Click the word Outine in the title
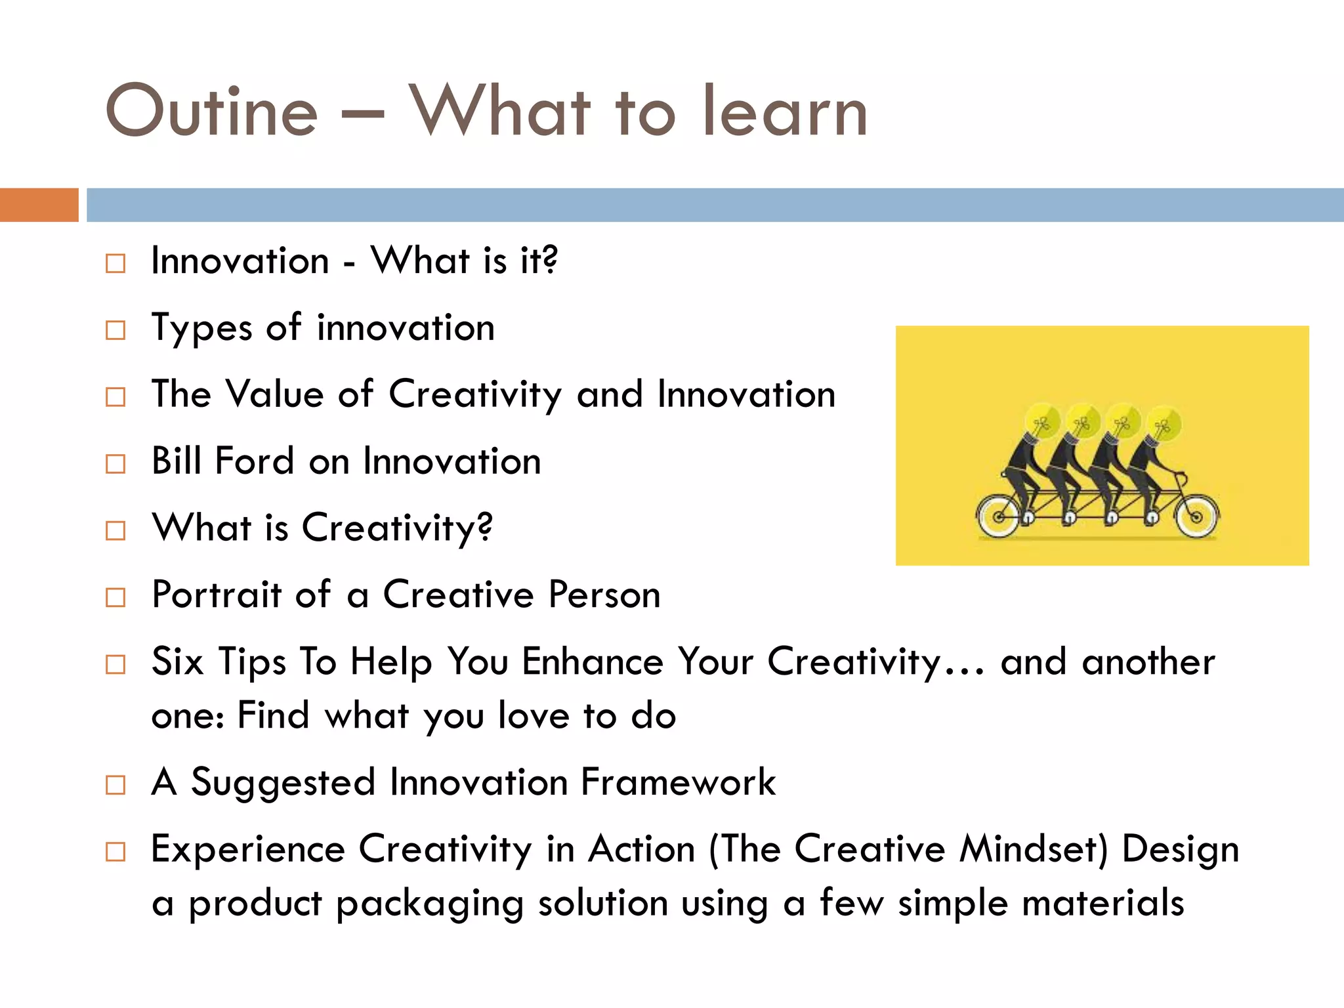tap(211, 111)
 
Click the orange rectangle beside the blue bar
tap(39, 205)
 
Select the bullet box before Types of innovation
tap(115, 330)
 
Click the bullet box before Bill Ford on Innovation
tap(115, 464)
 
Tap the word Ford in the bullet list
tap(254, 461)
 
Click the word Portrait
tap(216, 595)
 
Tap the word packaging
tap(430, 904)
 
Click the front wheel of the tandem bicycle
tap(1196, 516)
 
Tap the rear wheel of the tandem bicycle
tap(999, 516)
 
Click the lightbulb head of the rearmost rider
tap(1042, 422)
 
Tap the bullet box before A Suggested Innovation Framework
tap(115, 785)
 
